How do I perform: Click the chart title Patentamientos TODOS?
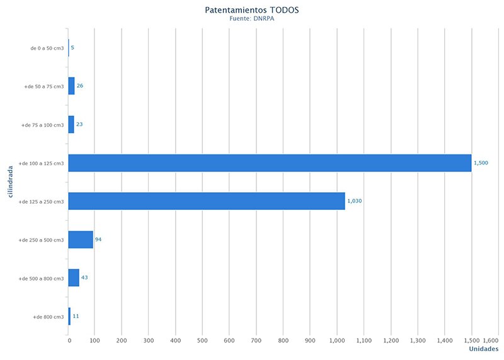[x=252, y=10]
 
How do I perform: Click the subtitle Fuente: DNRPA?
[x=252, y=19]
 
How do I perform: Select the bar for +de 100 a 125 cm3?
[x=270, y=163]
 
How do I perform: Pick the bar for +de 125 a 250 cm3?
[x=207, y=201]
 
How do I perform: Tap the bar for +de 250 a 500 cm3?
[x=81, y=240]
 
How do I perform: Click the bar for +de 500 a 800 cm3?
[x=74, y=278]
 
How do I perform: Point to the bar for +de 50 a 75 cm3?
[x=71, y=86]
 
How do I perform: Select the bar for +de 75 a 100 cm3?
[x=71, y=124]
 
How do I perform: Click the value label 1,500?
[x=481, y=163]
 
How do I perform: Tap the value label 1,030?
[x=354, y=201]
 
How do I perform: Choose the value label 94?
[x=98, y=240]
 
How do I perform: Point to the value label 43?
[x=84, y=278]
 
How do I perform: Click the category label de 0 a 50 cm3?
[x=47, y=48]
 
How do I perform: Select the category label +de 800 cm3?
[x=49, y=316]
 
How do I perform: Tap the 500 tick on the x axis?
[x=202, y=340]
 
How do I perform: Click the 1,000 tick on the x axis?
[x=337, y=340]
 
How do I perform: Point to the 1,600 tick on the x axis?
[x=491, y=340]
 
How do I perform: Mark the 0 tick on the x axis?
[x=69, y=340]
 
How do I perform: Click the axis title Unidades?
[x=484, y=349]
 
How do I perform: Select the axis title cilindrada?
[x=12, y=182]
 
